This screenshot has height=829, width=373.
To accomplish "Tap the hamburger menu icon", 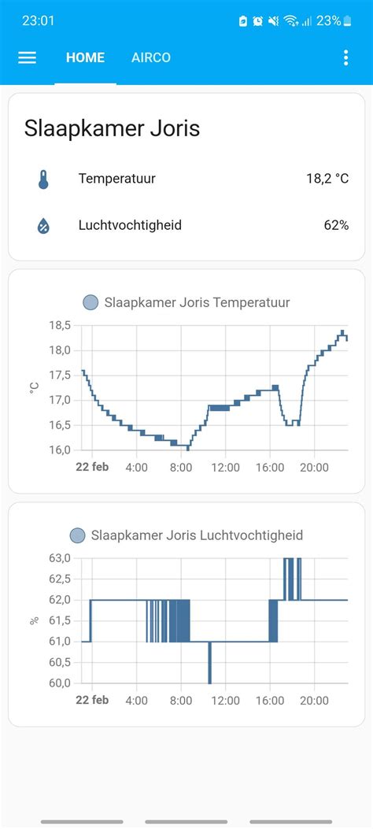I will (x=28, y=57).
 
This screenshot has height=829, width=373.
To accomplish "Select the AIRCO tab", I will (x=151, y=57).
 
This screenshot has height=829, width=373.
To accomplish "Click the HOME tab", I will (x=85, y=57).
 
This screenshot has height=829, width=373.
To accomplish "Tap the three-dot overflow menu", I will (x=345, y=57).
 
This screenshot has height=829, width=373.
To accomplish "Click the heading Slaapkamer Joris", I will (x=113, y=128).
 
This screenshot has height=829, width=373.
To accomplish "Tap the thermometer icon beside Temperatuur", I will (x=43, y=179).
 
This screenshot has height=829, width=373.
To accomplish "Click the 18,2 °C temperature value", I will (x=327, y=179).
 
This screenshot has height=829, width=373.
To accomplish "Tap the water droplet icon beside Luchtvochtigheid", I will (x=43, y=226).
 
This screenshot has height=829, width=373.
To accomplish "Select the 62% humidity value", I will (x=336, y=225).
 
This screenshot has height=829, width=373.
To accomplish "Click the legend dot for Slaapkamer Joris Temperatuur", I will (x=90, y=302).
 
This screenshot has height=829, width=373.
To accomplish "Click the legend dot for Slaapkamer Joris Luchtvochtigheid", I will (x=77, y=535).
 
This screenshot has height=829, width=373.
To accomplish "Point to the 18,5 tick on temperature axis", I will (x=61, y=325).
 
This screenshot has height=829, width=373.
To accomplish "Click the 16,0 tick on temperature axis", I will (x=61, y=450).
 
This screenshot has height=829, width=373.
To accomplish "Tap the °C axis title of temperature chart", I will (x=35, y=387).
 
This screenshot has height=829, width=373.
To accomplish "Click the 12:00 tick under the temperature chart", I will (x=226, y=468).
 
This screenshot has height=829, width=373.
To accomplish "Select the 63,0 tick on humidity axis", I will (x=61, y=558).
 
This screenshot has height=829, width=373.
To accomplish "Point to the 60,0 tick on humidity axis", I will (x=61, y=683).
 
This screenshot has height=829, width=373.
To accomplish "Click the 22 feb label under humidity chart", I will (x=92, y=701).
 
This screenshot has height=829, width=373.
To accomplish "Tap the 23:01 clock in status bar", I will (x=38, y=20).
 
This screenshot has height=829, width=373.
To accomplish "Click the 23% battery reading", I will (x=328, y=20).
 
